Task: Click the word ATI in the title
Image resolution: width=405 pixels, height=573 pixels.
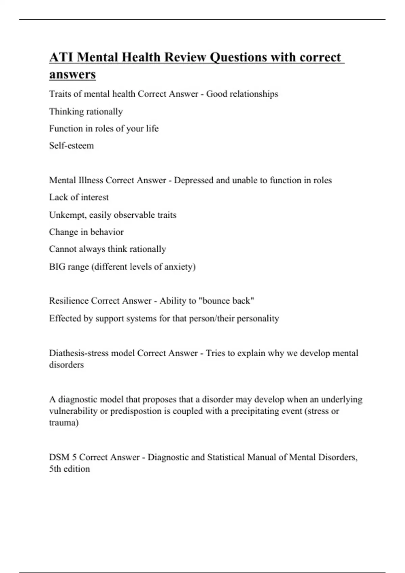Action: point(61,57)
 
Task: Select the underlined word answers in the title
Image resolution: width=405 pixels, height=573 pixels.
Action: point(72,74)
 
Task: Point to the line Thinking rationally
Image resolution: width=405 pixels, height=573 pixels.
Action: point(86,112)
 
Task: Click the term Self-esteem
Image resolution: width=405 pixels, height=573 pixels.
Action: point(71,146)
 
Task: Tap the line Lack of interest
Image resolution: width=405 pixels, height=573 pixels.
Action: point(79,197)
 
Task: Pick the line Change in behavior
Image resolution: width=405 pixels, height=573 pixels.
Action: point(86,232)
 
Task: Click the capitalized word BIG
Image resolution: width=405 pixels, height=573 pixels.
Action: point(57,267)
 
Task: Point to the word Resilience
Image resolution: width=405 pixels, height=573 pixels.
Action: point(69,301)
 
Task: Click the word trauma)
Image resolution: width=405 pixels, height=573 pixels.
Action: point(64,423)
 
